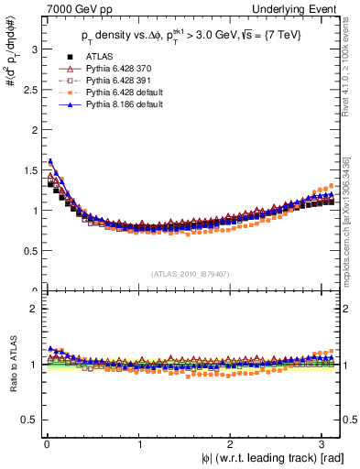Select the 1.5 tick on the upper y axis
coord(26,170)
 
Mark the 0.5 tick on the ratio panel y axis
coord(26,420)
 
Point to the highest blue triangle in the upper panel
coord(49,162)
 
